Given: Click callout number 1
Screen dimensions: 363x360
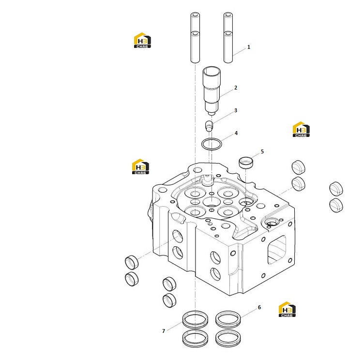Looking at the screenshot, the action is [249, 47].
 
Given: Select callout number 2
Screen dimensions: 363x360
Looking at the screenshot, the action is [236, 88].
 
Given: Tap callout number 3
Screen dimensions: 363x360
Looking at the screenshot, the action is [236, 110].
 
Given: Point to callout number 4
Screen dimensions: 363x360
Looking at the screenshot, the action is [236, 133].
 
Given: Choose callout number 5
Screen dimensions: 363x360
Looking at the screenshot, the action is [262, 151].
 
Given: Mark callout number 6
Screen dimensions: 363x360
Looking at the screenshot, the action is [259, 307].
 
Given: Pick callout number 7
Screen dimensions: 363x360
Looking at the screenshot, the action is [164, 331].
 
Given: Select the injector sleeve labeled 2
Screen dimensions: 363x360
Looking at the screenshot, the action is [212, 90].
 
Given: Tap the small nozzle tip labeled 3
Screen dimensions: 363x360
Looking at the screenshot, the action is [209, 126].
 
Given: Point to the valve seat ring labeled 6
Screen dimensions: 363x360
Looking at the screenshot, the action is [228, 319].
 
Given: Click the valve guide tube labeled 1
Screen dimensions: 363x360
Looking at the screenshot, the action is [228, 47].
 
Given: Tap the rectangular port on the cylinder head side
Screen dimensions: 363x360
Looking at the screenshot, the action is [277, 250].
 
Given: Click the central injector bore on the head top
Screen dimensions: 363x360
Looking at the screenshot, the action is [212, 202].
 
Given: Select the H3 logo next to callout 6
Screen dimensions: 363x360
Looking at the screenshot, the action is [287, 309].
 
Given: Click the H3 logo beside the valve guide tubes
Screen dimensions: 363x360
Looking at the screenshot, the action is [142, 40].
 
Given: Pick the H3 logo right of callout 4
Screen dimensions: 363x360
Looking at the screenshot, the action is [301, 129].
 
